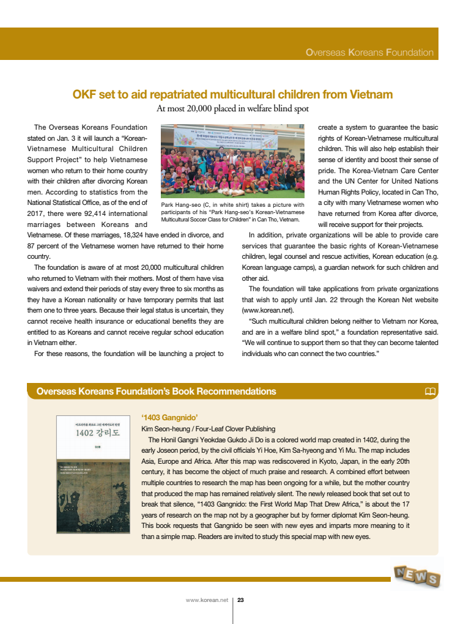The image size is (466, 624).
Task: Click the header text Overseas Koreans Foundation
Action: pyautogui.click(x=369, y=53)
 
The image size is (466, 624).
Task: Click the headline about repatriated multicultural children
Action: pyautogui.click(x=232, y=95)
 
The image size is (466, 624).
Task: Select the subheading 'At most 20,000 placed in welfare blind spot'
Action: pyautogui.click(x=232, y=109)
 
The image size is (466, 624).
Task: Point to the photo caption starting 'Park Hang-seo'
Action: pyautogui.click(x=232, y=212)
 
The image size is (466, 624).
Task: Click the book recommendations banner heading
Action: pyautogui.click(x=156, y=392)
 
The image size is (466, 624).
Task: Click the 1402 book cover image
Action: pyautogui.click(x=92, y=475)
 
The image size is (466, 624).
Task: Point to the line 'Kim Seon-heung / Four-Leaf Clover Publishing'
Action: pyautogui.click(x=208, y=429)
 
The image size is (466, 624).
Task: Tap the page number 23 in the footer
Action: pyautogui.click(x=240, y=600)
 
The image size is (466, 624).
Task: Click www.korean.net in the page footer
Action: pyautogui.click(x=207, y=600)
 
